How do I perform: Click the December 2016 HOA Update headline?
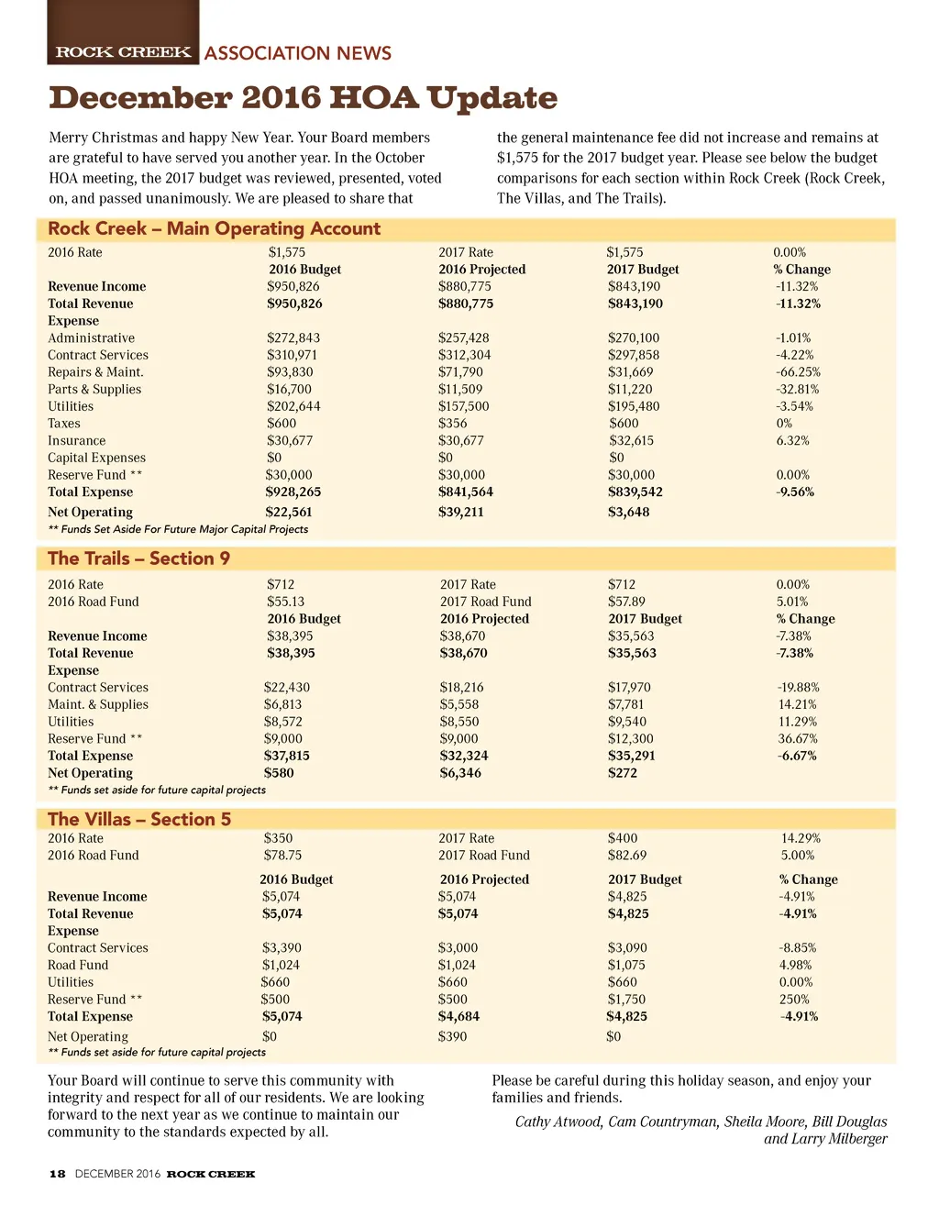coord(303,98)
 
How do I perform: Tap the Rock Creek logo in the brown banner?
coord(123,52)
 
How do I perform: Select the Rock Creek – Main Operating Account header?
coord(214,229)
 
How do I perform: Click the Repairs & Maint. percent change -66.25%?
coord(797,372)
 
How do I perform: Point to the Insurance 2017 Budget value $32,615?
coord(631,441)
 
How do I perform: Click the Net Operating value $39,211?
coord(460,513)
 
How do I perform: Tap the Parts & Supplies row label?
coord(94,390)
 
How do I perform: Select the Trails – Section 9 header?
coord(138,558)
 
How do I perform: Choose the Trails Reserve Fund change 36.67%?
coord(797,739)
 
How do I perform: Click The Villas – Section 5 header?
coord(139,819)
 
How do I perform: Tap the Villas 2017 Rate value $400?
coord(623,838)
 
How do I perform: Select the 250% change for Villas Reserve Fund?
coord(794,1000)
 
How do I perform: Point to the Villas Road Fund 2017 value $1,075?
coord(626,966)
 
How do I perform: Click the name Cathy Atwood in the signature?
coord(558,1122)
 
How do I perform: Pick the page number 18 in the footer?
coord(57,1174)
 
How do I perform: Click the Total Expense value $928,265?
coord(293,492)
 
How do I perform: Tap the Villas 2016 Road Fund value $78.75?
coord(282,856)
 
